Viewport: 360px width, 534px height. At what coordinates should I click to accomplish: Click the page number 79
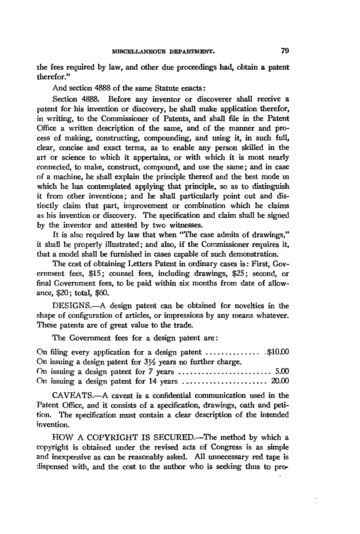click(285, 50)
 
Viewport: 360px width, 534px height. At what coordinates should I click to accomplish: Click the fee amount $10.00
click(278, 352)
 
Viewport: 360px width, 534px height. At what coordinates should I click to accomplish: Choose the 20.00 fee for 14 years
click(279, 381)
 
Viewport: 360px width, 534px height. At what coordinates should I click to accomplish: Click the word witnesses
click(186, 225)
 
